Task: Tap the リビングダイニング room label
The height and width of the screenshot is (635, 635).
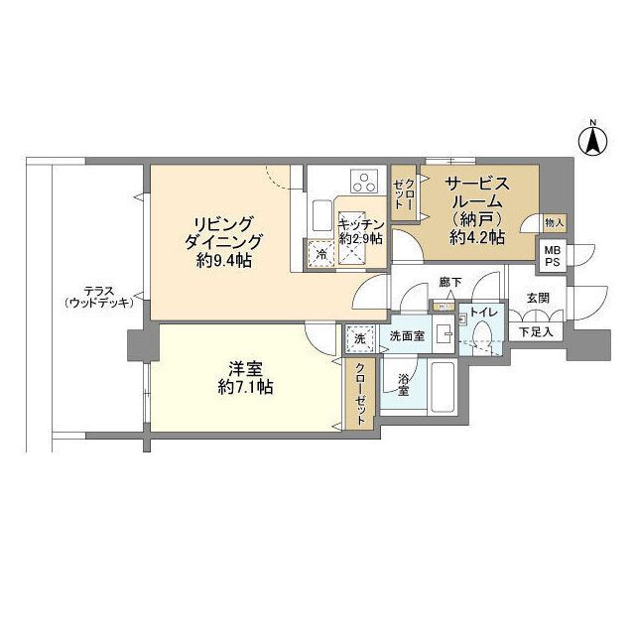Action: (223, 233)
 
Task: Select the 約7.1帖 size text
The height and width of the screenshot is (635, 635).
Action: (245, 388)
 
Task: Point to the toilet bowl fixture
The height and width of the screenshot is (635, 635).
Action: (482, 332)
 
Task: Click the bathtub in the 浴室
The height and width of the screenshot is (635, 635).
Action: (443, 386)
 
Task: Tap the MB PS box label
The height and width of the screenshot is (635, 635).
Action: (553, 256)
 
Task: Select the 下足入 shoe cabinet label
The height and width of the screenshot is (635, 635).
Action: (536, 332)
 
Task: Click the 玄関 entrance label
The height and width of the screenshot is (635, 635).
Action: (538, 298)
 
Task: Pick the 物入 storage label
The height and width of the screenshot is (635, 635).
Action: (554, 222)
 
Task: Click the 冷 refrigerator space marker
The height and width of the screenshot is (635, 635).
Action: (320, 254)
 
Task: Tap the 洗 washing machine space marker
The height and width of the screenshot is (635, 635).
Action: (359, 338)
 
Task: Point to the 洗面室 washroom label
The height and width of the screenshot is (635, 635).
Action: (407, 335)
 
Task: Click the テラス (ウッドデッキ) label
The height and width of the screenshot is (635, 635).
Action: (99, 297)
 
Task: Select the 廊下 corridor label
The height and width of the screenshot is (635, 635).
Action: (450, 282)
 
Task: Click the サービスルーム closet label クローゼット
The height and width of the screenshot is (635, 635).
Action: (404, 193)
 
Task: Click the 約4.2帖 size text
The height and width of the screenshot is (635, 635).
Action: (477, 237)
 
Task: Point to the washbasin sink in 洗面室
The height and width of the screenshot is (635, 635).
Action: (444, 333)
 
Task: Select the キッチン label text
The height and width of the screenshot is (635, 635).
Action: (361, 224)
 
